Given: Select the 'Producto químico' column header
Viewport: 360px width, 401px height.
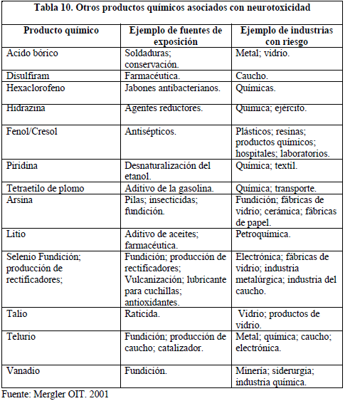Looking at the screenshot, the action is tap(62, 31).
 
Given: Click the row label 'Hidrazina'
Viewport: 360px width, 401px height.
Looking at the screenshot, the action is tap(26, 108).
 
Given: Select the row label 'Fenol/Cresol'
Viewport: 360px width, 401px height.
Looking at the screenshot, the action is tap(33, 132).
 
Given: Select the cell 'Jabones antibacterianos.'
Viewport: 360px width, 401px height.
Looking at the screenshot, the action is tap(172, 88).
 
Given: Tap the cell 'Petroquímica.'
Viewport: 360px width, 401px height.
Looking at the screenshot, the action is tap(264, 234).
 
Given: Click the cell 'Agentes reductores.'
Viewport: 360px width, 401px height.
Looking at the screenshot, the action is tap(164, 108).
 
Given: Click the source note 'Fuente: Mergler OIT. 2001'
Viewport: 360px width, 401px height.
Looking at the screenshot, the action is tap(55, 393).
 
